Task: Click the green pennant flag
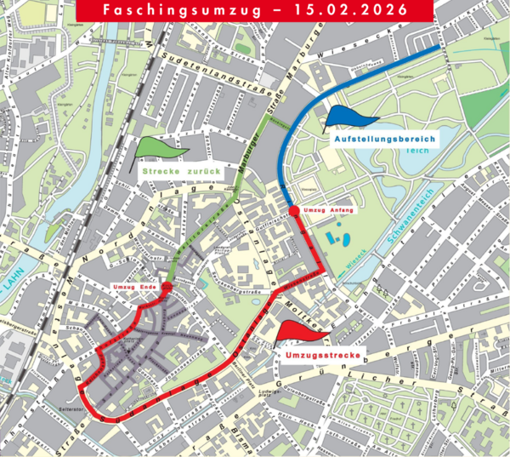[x=154, y=150]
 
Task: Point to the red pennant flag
[x=294, y=329]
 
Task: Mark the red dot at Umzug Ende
[x=166, y=288]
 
